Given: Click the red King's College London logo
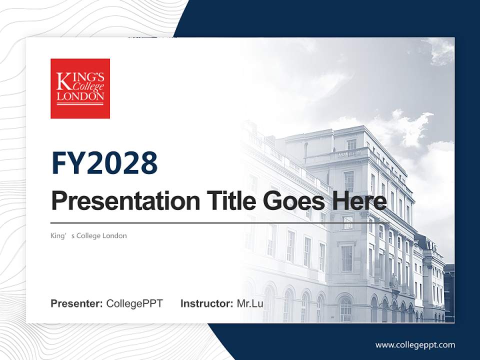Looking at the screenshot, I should click(80, 88).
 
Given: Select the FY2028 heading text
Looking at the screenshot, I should click(104, 163).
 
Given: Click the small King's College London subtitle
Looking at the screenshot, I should click(88, 235).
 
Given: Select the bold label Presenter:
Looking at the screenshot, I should click(76, 303).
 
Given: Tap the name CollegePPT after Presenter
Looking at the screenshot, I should click(134, 303).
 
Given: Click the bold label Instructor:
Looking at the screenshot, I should click(206, 303).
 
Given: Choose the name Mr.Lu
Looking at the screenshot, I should click(250, 303).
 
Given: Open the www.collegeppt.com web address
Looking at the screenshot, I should click(415, 344).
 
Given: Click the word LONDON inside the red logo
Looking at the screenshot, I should click(80, 96).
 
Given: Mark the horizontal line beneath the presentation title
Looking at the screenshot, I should click(220, 222).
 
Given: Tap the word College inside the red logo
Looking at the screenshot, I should click(88, 87).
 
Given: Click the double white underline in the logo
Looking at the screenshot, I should click(80, 103).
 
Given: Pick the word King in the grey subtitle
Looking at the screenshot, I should click(58, 235).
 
